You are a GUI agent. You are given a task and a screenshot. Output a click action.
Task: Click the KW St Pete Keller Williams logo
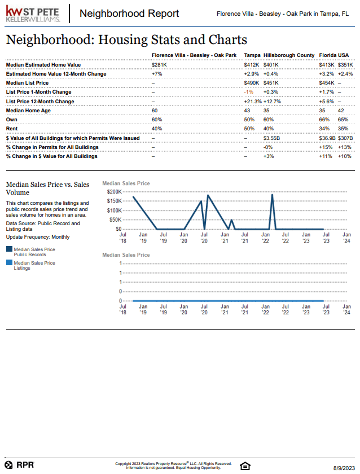33,14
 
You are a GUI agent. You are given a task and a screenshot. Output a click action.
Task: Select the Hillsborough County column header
289,55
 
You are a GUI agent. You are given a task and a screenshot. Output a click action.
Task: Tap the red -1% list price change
248,92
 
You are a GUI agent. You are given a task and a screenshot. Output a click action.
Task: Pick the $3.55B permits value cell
272,138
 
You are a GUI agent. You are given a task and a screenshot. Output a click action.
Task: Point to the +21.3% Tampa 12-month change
252,102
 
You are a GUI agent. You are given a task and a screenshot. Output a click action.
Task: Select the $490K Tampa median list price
251,83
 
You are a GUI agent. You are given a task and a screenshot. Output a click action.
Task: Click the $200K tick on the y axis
113,192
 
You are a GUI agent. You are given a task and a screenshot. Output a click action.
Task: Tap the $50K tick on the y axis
115,220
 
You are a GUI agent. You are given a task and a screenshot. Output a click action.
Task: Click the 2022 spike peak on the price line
273,195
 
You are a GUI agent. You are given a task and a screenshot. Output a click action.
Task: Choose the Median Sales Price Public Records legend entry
34,251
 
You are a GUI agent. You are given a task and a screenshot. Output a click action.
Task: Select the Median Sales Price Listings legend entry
34,265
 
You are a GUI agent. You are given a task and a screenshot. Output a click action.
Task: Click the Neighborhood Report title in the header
129,14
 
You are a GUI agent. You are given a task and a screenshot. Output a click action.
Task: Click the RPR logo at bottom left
20,465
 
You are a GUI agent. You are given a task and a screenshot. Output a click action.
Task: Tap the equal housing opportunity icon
244,466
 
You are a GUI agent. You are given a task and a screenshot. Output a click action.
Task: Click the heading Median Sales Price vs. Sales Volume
47,188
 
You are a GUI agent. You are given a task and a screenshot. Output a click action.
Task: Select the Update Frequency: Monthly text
37,237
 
